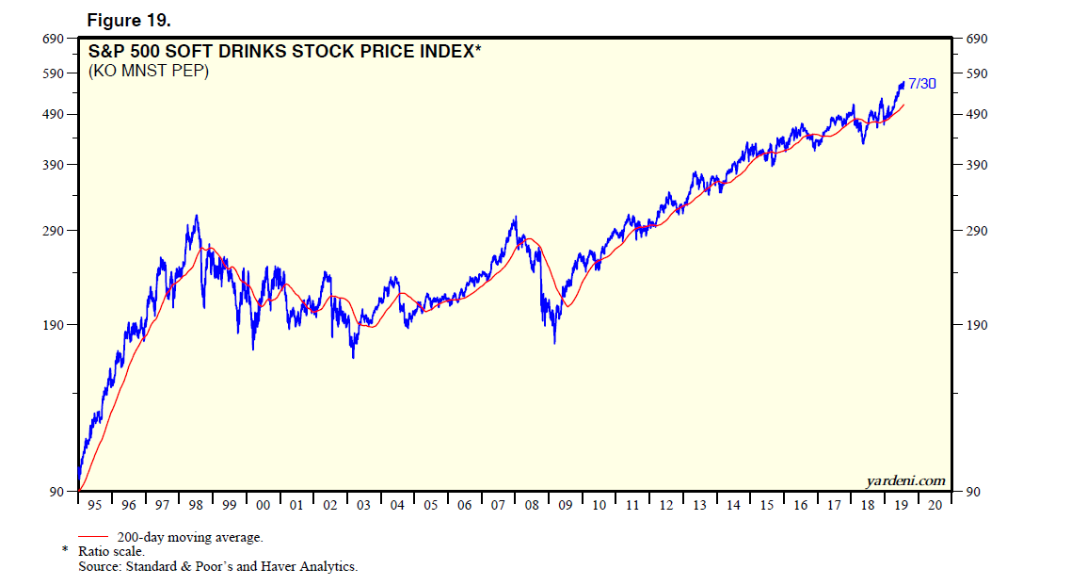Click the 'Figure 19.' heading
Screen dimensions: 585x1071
(129, 20)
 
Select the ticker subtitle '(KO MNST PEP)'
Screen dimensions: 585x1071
(149, 71)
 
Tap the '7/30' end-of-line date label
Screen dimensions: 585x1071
(922, 84)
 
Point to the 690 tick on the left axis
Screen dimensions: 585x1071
(51, 39)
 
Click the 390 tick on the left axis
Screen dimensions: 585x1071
(51, 165)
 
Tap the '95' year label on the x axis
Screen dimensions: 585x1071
(95, 506)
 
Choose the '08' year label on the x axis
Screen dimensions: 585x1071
(532, 506)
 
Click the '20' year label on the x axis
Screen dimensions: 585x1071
(935, 506)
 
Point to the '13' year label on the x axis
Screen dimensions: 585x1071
(699, 506)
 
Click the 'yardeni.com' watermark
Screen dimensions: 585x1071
(905, 481)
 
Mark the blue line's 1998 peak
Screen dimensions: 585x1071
(196, 216)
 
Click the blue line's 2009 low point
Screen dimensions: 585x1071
(554, 342)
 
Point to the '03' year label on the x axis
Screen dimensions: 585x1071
(363, 506)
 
